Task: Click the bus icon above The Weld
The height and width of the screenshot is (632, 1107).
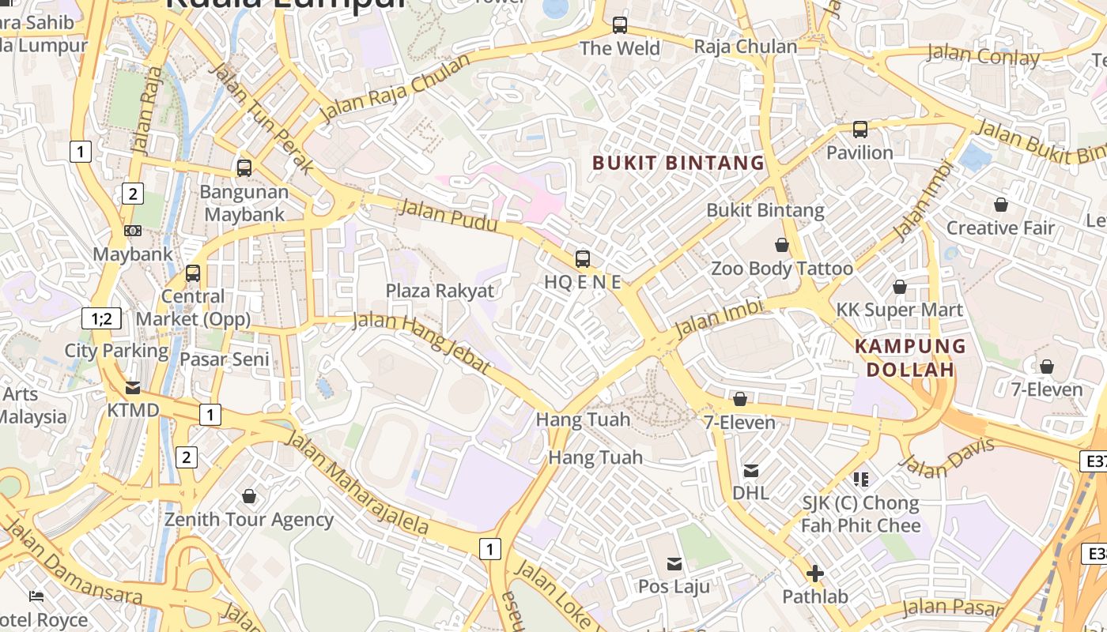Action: click(x=620, y=25)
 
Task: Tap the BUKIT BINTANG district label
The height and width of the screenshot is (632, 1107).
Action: click(x=678, y=164)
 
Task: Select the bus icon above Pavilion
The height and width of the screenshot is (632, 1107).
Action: click(x=860, y=130)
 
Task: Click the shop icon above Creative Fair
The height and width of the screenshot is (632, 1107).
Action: click(x=1001, y=205)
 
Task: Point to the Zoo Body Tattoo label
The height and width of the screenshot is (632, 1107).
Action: click(x=782, y=269)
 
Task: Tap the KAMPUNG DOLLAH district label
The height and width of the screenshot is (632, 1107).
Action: click(x=910, y=358)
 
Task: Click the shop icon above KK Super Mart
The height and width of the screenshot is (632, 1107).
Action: click(x=899, y=287)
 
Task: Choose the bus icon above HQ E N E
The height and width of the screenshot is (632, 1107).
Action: click(x=583, y=258)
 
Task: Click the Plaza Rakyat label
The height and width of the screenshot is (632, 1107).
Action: click(x=440, y=291)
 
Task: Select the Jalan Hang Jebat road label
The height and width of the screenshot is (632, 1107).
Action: click(x=421, y=342)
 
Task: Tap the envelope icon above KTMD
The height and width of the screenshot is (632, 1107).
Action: click(x=133, y=388)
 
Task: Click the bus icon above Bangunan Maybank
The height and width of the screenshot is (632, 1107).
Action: click(x=244, y=168)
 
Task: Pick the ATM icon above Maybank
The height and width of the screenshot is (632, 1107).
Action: click(x=133, y=231)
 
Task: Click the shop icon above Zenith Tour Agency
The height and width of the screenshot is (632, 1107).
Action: click(x=249, y=496)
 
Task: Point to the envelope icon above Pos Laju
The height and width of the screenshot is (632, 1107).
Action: click(x=674, y=563)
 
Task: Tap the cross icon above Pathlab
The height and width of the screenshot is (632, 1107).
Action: click(x=815, y=574)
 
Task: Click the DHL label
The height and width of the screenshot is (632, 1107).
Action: click(x=750, y=493)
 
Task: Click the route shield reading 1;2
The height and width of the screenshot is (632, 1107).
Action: click(x=102, y=319)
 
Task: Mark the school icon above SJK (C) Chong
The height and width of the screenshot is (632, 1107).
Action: click(x=861, y=479)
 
